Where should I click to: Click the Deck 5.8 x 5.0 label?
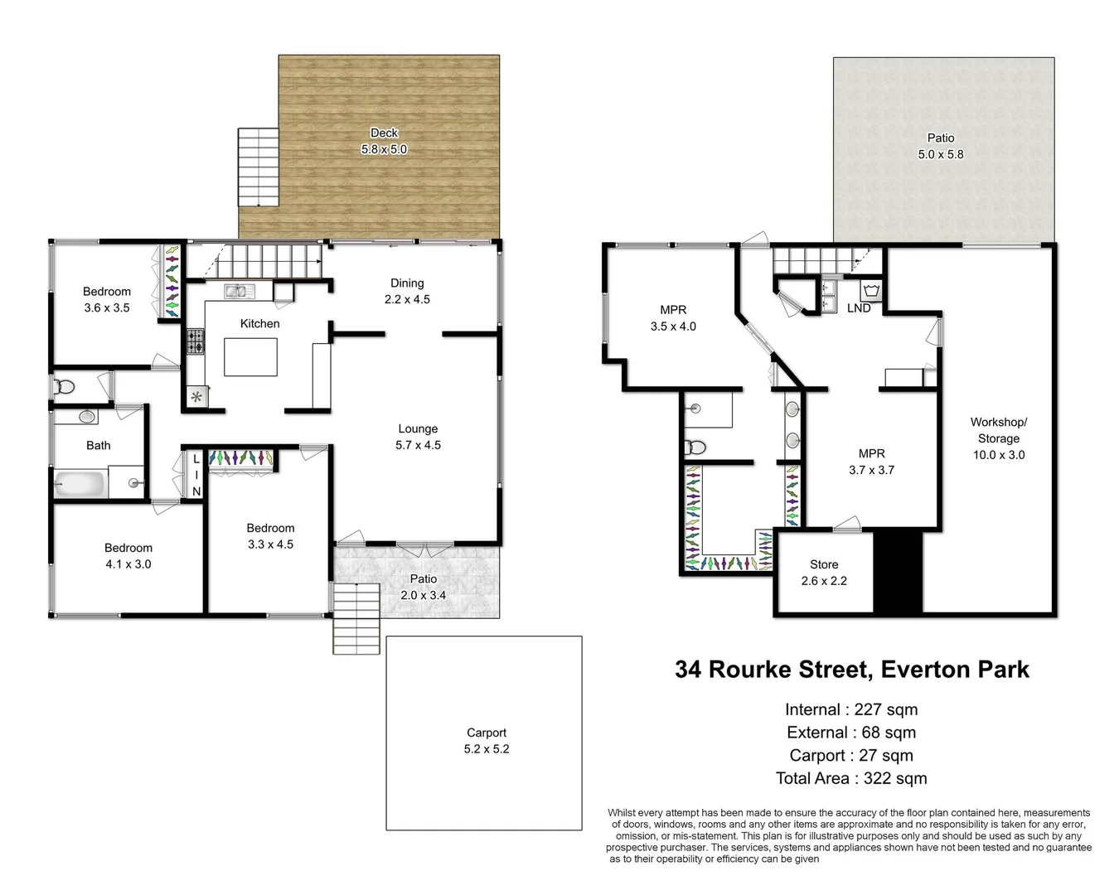[384, 141]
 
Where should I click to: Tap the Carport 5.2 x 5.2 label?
[487, 741]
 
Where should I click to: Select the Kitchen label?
[259, 323]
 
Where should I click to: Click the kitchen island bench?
[250, 356]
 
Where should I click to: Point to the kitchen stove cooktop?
[195, 341]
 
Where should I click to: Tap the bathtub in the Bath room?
[80, 484]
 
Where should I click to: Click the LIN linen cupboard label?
[196, 475]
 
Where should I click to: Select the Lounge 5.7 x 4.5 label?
[418, 437]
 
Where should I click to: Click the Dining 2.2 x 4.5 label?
[407, 291]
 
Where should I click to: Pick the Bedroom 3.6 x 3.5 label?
[107, 299]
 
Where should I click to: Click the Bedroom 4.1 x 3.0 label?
[128, 555]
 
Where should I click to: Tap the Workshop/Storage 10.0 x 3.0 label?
[998, 438]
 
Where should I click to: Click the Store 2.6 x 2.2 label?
[824, 573]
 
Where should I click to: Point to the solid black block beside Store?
[899, 571]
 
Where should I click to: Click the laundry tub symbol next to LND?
[871, 290]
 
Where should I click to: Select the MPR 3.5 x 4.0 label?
[673, 317]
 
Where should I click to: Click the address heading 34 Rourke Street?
[851, 670]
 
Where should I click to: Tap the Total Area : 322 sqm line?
[851, 778]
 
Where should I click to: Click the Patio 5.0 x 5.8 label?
[941, 146]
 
